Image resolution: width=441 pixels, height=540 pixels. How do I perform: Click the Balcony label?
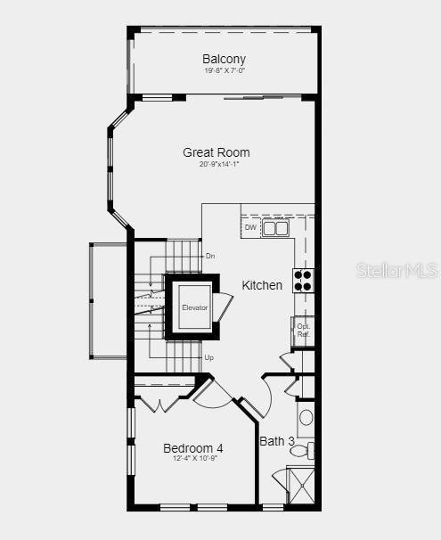[x=224, y=59]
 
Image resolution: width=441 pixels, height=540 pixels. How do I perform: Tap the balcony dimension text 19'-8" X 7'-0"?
[x=224, y=70]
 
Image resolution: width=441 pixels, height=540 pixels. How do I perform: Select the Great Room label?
[x=216, y=152]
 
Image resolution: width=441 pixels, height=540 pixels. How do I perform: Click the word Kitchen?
[x=262, y=285]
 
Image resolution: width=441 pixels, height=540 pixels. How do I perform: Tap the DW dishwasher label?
[x=250, y=228]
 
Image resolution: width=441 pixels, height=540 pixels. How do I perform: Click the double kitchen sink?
[x=275, y=228]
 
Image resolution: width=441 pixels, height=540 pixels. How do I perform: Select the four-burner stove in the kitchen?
[x=303, y=281]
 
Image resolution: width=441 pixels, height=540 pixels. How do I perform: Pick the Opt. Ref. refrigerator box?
[x=304, y=330]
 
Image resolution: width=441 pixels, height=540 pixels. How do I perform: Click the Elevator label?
[x=194, y=307]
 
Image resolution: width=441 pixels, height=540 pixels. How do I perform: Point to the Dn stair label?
[x=210, y=257]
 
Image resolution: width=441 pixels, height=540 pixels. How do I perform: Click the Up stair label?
[x=209, y=357]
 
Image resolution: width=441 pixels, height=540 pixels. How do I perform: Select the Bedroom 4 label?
[x=193, y=447]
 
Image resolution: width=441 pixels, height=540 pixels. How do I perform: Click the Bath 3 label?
[x=277, y=441]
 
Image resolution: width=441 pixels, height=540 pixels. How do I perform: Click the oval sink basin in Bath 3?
[x=306, y=417]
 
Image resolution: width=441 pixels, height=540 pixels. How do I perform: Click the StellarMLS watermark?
[x=397, y=270]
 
